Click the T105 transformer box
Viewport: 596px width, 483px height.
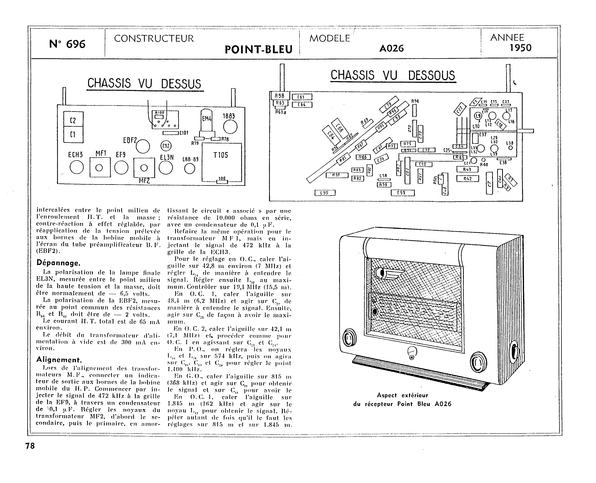[x=221, y=163]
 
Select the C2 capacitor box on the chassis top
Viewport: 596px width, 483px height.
[x=73, y=120]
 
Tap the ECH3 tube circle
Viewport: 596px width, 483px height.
[x=76, y=168]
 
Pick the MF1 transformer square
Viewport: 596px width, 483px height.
[x=100, y=168]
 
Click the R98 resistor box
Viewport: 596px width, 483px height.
[x=280, y=96]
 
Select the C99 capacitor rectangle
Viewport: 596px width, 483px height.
[x=325, y=193]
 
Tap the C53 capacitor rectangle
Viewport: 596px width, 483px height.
[x=402, y=193]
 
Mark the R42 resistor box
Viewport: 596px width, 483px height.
[x=467, y=179]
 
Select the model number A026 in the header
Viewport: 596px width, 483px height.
[x=391, y=48]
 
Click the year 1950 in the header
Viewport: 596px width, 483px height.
[x=520, y=48]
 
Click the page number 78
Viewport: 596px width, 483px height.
[x=30, y=446]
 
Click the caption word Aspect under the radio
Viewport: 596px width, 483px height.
[x=387, y=395]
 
